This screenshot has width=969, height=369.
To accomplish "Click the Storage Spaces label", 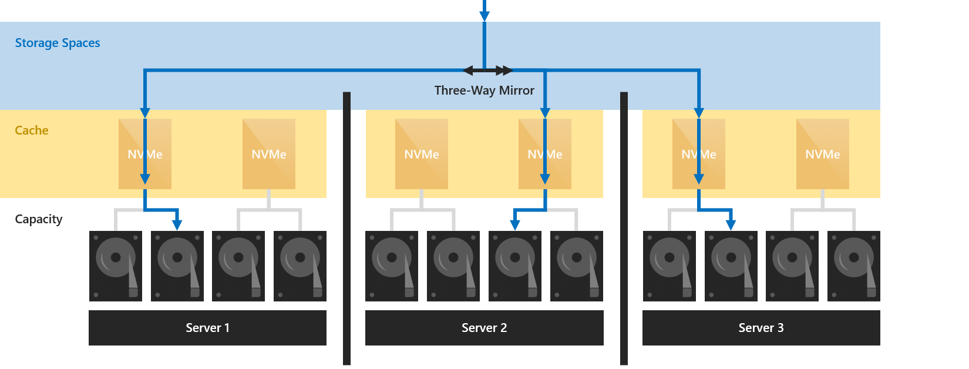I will click(x=58, y=43).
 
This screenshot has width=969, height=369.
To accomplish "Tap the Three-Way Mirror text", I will click(x=484, y=90).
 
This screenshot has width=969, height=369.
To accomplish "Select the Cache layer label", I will click(x=32, y=130).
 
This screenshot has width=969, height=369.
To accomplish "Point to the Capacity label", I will click(x=39, y=219).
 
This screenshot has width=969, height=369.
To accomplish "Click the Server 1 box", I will click(x=207, y=328).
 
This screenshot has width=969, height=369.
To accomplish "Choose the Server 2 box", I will click(x=484, y=328).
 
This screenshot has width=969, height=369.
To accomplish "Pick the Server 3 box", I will click(x=761, y=328).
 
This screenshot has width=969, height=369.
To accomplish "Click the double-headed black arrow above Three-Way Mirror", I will click(x=487, y=71).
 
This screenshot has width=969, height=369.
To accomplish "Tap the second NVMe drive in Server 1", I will click(x=269, y=154).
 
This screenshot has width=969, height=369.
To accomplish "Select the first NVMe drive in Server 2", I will click(x=422, y=154).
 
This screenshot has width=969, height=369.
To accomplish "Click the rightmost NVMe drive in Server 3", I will click(x=822, y=154).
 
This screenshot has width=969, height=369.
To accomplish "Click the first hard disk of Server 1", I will click(x=116, y=266).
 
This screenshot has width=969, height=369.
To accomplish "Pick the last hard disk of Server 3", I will click(x=853, y=266).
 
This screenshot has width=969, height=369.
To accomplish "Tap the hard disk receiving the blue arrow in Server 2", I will click(x=515, y=266).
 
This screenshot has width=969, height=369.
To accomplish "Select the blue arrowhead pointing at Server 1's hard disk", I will click(x=177, y=224).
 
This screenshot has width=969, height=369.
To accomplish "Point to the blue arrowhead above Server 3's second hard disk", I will click(x=731, y=224).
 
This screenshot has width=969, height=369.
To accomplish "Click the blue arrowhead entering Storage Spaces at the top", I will click(x=484, y=16).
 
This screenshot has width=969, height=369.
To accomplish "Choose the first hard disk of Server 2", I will click(x=392, y=266).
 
